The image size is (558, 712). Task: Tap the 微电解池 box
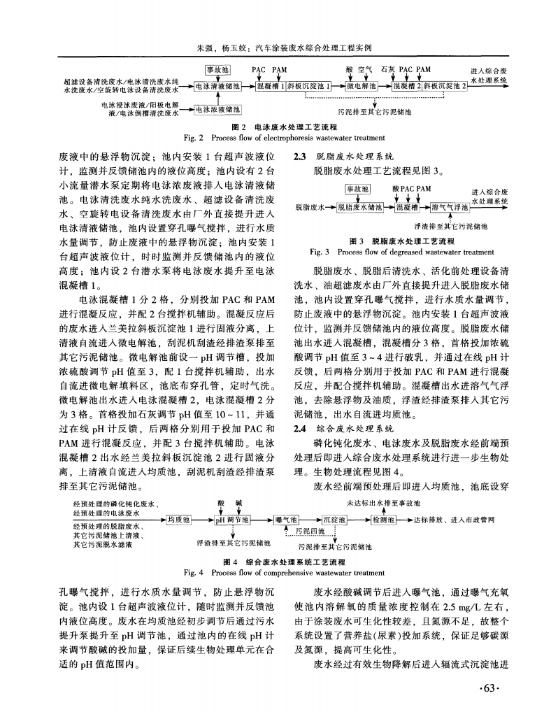[x=365, y=86]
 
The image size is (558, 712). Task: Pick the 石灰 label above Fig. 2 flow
[x=387, y=70]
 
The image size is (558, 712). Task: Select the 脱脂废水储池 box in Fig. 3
[x=360, y=207]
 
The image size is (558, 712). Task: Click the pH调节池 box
[x=232, y=519]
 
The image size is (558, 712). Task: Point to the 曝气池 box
[x=287, y=519]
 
